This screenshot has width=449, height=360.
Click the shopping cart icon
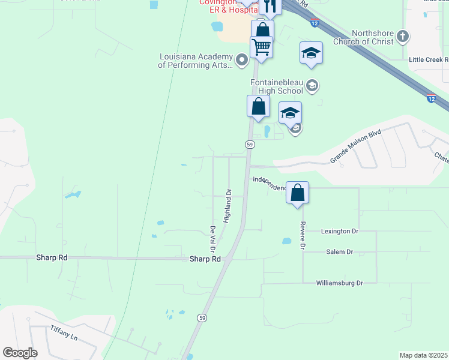(x=261, y=46)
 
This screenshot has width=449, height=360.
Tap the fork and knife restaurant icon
(x=271, y=6)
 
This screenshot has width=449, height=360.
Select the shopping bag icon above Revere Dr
(x=297, y=193)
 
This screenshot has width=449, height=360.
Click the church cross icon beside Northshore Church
(x=403, y=37)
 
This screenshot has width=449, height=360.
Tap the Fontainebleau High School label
(x=276, y=86)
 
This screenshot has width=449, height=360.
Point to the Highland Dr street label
(x=228, y=206)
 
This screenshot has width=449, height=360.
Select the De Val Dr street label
(x=212, y=239)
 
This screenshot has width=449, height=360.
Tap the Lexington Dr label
(x=339, y=231)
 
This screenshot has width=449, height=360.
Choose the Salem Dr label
(x=339, y=252)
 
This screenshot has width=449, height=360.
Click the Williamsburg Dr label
(x=340, y=283)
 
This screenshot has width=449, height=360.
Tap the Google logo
(x=20, y=353)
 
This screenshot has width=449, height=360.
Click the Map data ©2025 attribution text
(x=423, y=355)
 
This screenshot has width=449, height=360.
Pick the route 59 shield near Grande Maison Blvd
(x=250, y=145)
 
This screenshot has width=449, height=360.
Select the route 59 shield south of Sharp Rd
(x=202, y=317)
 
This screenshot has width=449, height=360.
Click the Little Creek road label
(x=428, y=60)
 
